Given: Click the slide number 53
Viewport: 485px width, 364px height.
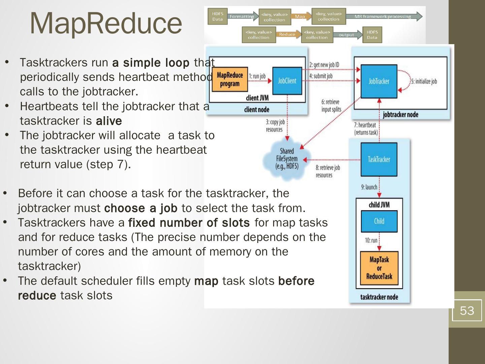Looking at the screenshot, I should [x=467, y=310].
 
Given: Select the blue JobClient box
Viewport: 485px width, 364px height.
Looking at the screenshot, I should [x=287, y=81].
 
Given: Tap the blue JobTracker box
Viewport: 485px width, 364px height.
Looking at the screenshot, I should [x=379, y=81].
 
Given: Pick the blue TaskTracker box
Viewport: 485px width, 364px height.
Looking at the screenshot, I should [x=379, y=159].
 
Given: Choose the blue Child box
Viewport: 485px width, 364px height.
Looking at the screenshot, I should [x=379, y=221].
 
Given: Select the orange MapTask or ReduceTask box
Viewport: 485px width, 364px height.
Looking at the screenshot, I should [x=379, y=268].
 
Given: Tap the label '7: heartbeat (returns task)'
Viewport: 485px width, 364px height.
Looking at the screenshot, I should [x=366, y=129].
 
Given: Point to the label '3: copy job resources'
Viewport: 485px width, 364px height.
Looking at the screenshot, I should [x=275, y=126].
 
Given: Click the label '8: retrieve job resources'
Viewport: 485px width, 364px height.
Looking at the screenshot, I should [x=327, y=171].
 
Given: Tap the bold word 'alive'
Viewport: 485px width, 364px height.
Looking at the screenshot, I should [x=109, y=121].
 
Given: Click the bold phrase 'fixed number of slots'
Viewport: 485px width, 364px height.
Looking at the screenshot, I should [x=189, y=223].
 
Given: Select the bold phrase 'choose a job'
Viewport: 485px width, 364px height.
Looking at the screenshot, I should [x=141, y=208].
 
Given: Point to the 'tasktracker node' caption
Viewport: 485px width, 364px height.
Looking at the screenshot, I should [x=379, y=297].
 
